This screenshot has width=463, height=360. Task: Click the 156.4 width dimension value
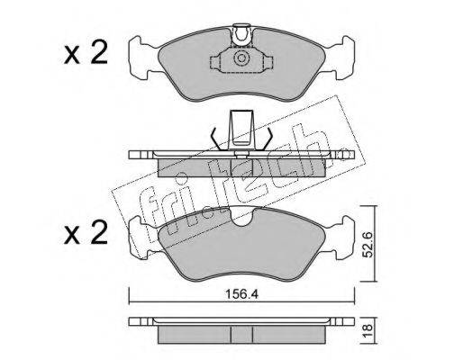click(241, 294)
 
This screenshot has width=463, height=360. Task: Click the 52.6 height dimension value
click(368, 244)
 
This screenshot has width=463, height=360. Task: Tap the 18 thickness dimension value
click(368, 330)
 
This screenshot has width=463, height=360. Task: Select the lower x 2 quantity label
click(86, 231)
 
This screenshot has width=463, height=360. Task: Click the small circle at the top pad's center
click(241, 58)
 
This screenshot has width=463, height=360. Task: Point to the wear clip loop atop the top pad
click(242, 35)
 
